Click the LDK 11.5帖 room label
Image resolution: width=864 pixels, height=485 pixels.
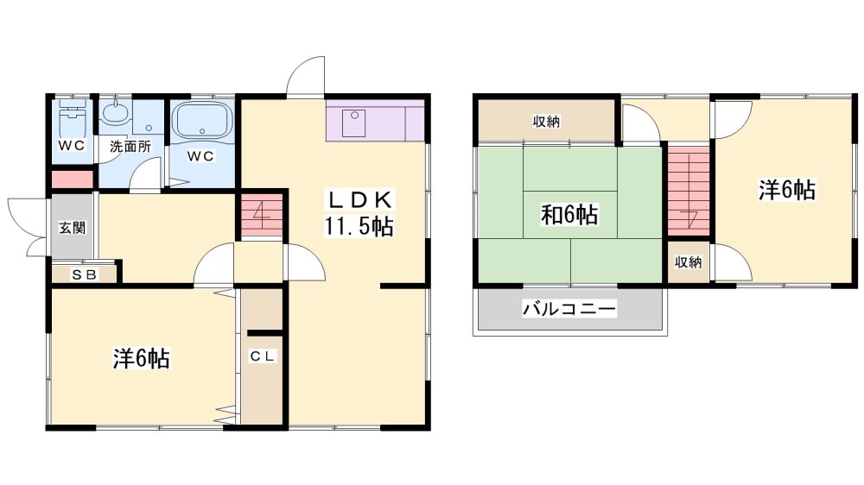(359, 213)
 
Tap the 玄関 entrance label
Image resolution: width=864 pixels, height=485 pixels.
(73, 227)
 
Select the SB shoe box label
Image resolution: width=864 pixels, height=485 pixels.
(85, 274)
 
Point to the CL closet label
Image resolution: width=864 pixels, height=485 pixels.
(263, 356)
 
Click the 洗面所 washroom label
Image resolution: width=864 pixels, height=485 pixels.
(130, 147)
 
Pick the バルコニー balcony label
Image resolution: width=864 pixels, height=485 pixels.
(569, 308)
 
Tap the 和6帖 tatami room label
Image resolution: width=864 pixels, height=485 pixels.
(569, 214)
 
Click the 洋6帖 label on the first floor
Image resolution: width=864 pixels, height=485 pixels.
(142, 358)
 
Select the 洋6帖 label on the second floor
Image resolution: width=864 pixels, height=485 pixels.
(787, 190)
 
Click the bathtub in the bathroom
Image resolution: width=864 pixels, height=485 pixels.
(202, 120)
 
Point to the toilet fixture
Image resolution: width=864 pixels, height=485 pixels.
(73, 117)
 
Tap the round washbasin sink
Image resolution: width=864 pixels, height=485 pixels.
(115, 114)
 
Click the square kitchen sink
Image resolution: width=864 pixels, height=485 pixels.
(353, 123)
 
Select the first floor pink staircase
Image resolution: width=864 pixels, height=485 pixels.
(262, 215)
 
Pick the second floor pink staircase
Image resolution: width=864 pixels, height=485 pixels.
(689, 191)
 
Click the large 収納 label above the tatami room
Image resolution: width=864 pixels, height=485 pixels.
(546, 122)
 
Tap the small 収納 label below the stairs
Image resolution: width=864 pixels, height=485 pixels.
(689, 262)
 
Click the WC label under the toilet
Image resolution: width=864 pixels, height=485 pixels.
(73, 145)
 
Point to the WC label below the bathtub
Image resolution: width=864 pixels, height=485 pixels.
(200, 156)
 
